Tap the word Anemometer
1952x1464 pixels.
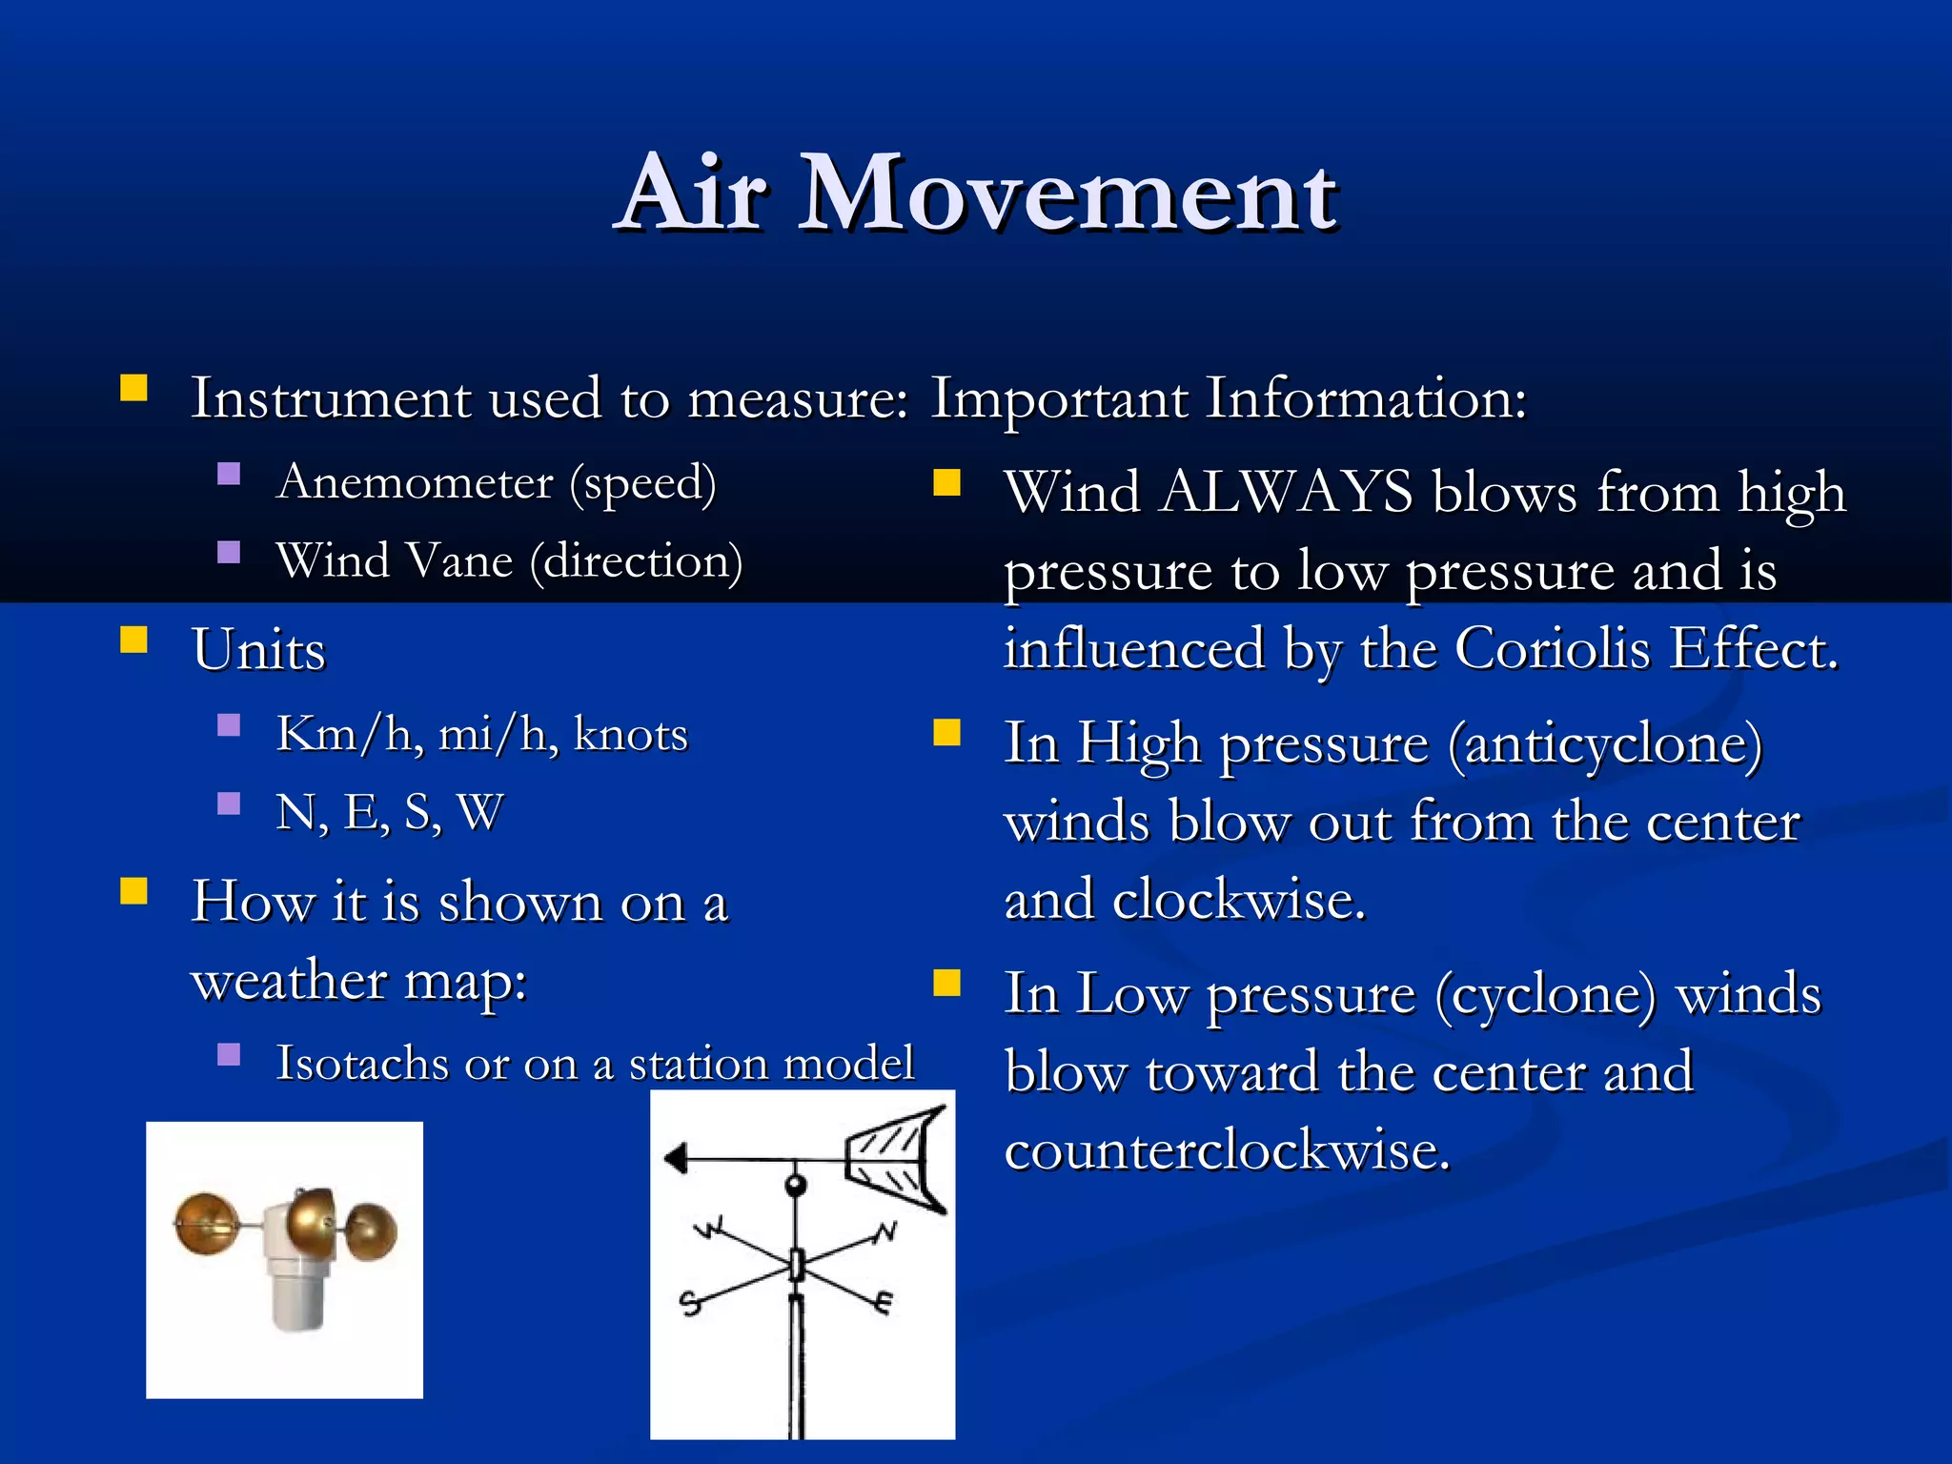416,482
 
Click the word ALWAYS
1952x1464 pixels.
1287,493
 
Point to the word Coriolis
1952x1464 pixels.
1554,649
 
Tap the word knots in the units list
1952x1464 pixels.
631,735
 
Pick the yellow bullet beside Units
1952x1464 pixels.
134,640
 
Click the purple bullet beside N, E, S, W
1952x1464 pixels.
229,803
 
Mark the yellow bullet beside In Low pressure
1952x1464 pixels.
946,983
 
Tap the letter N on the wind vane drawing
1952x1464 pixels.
886,1231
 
